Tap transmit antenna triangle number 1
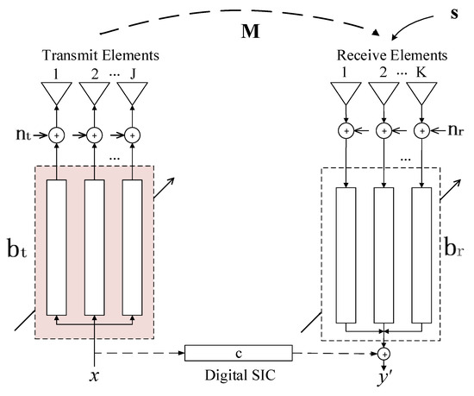point(57,92)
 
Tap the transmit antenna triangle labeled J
point(132,92)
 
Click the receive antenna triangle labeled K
point(421,92)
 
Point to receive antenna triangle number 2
point(383,92)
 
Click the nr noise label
point(453,131)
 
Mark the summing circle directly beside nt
point(57,135)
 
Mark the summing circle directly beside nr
point(421,131)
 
